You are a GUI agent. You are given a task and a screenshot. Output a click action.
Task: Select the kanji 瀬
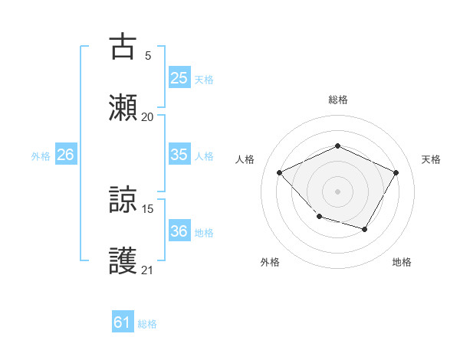pyautogui.click(x=123, y=107)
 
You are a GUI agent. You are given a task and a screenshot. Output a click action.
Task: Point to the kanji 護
pyautogui.click(x=123, y=260)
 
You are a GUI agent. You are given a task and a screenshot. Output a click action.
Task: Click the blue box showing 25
pyautogui.click(x=179, y=77)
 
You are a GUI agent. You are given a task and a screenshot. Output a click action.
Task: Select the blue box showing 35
pyautogui.click(x=179, y=154)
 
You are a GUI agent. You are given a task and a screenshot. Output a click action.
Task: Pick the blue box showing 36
pyautogui.click(x=179, y=231)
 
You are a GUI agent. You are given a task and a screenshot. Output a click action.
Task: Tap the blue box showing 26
pyautogui.click(x=65, y=155)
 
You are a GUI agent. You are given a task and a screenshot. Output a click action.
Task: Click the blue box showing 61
pyautogui.click(x=122, y=322)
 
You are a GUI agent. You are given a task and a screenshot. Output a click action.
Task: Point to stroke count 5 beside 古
pyautogui.click(x=147, y=55)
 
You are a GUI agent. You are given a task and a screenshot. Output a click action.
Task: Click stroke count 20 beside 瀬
pyautogui.click(x=147, y=116)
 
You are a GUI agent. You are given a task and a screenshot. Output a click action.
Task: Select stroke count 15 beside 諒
pyautogui.click(x=147, y=208)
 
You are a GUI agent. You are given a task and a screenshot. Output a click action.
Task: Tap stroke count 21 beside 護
pyautogui.click(x=147, y=270)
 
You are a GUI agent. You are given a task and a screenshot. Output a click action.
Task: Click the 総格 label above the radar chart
pyautogui.click(x=337, y=100)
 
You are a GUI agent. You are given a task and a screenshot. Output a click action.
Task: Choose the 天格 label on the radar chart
pyautogui.click(x=431, y=159)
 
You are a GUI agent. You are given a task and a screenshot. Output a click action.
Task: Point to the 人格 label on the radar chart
pyautogui.click(x=245, y=159)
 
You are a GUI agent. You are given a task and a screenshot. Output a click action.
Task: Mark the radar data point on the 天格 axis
pyautogui.click(x=396, y=172)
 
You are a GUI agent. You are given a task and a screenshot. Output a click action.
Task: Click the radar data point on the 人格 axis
pyautogui.click(x=280, y=172)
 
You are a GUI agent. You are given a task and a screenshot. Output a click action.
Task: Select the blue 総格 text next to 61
pyautogui.click(x=147, y=324)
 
